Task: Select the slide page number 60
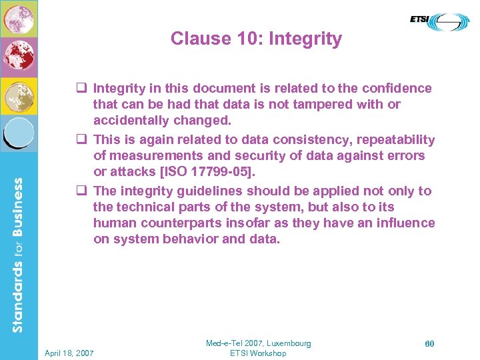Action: point(429,343)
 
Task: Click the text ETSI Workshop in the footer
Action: point(258,353)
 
